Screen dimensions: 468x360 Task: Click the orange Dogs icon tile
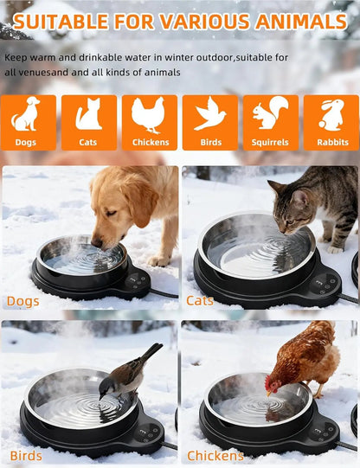click(28, 122)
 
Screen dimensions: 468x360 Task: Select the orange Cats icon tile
click(88, 122)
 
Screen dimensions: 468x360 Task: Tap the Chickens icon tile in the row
click(150, 122)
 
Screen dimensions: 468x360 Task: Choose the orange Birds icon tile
click(210, 122)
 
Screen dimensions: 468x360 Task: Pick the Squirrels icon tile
click(270, 122)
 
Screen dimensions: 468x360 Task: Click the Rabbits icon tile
click(331, 122)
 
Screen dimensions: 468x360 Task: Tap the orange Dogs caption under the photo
click(22, 301)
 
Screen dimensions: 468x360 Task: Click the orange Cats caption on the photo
click(200, 301)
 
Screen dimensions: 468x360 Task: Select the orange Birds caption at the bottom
click(26, 456)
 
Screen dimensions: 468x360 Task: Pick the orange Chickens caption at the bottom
click(215, 456)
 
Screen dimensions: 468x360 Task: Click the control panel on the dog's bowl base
click(136, 280)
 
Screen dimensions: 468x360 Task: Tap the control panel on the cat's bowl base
click(325, 282)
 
